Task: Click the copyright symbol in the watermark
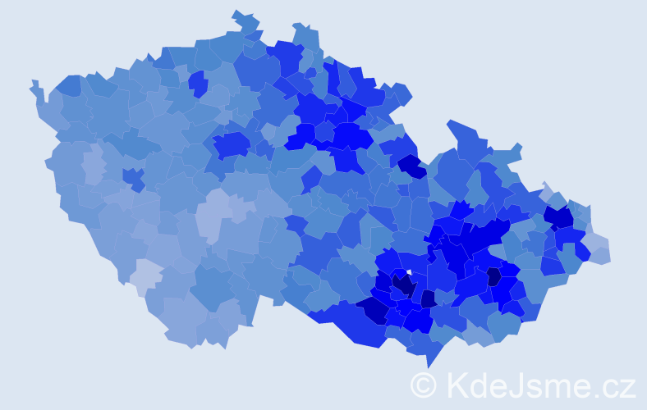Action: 424,385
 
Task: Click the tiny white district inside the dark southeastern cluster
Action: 409,272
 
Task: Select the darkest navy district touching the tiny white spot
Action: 403,285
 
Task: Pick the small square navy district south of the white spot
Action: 428,298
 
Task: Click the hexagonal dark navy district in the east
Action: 493,276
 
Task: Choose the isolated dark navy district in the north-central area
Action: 413,166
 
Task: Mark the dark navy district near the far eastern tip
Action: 559,216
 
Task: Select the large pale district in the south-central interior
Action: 215,215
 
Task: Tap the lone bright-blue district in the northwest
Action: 197,83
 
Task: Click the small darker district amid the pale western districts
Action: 133,178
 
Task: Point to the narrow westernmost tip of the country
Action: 34,84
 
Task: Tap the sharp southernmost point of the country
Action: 429,366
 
